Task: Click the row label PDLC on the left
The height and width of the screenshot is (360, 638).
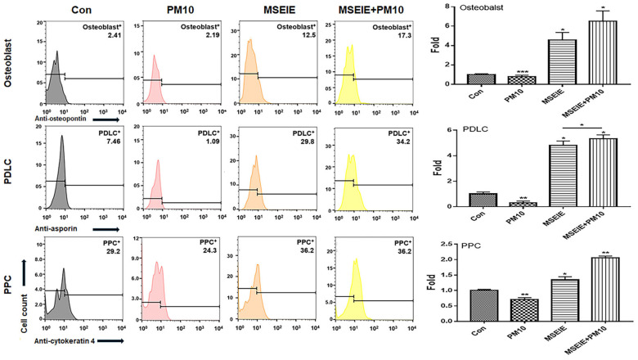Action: point(11,173)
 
